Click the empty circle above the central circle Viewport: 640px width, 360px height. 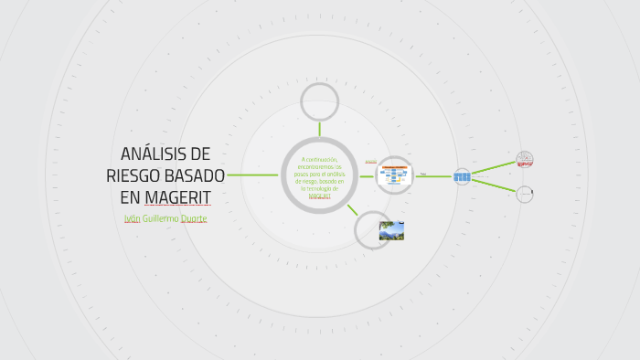[x=320, y=101]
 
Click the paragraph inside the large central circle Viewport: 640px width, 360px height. [x=320, y=177]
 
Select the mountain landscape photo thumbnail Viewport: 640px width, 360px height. [x=391, y=230]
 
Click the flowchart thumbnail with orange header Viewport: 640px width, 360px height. [x=395, y=174]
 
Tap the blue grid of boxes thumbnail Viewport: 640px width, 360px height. [x=463, y=176]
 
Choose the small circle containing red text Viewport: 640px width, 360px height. [x=525, y=160]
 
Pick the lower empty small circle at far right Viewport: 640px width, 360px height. [x=525, y=194]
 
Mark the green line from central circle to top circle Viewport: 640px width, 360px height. [x=320, y=129]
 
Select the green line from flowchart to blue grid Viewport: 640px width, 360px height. [x=435, y=176]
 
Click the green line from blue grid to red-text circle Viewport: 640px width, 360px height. [x=493, y=167]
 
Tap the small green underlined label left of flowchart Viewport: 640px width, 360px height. [x=371, y=162]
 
